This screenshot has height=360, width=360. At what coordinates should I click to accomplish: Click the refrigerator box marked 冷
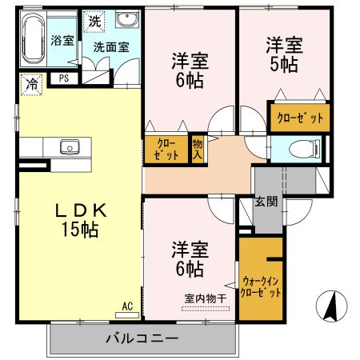click(x=31, y=82)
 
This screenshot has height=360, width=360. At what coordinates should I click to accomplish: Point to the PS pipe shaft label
click(x=63, y=78)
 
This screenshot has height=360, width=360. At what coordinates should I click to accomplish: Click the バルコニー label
click(x=142, y=338)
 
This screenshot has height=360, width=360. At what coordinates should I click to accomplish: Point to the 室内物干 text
click(x=206, y=298)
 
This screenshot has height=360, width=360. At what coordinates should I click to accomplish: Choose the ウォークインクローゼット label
click(x=261, y=287)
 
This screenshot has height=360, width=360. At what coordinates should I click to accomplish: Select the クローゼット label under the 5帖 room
click(x=300, y=118)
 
